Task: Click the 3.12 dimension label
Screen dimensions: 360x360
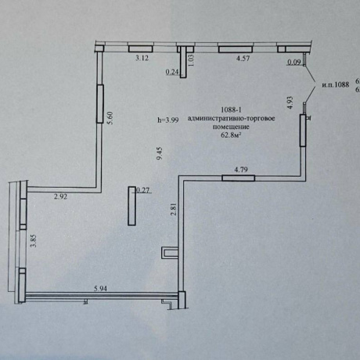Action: pos(142,58)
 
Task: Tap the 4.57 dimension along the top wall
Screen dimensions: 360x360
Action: pos(243,58)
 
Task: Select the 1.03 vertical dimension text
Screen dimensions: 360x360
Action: pos(191,60)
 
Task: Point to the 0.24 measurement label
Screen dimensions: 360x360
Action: pos(172,72)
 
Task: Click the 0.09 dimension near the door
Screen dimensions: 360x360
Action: pos(294,62)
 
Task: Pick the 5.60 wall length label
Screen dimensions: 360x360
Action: pos(110,118)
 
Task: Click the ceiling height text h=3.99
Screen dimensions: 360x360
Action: pos(167,120)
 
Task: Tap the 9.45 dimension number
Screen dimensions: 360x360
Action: pos(160,153)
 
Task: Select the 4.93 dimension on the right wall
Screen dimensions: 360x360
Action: pos(290,103)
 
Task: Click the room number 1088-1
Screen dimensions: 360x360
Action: pos(231,110)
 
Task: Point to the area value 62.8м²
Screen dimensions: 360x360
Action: pos(231,135)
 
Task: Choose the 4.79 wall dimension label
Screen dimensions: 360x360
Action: pos(241,170)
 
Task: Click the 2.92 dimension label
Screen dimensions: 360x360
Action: pos(60,196)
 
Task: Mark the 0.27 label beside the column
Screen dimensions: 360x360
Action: pos(143,190)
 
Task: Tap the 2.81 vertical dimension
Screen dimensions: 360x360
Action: pos(174,209)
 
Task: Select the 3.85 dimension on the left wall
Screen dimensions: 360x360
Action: pos(34,241)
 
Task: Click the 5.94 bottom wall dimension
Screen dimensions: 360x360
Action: pos(100,288)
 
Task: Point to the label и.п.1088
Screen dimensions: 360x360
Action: pos(336,85)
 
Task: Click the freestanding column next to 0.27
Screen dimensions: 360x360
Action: pos(132,206)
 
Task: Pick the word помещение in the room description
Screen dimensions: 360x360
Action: pos(231,127)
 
